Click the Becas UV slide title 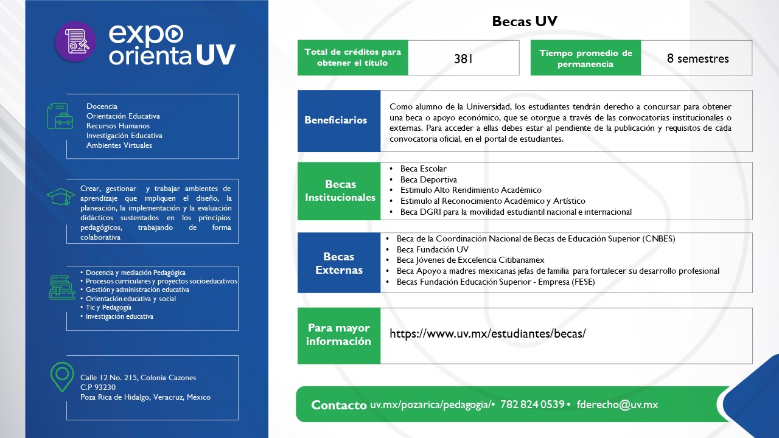pyautogui.click(x=525, y=21)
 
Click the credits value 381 pyautogui.click(x=463, y=59)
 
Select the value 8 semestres pyautogui.click(x=697, y=58)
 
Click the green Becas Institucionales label pyautogui.click(x=340, y=191)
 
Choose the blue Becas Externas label pyautogui.click(x=338, y=263)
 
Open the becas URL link pyautogui.click(x=487, y=333)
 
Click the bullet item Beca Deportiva pyautogui.click(x=428, y=179)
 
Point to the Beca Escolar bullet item pyautogui.click(x=423, y=169)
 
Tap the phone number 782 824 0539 pyautogui.click(x=532, y=405)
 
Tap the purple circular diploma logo pyautogui.click(x=75, y=43)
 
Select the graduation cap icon pyautogui.click(x=61, y=196)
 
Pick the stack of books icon pyautogui.click(x=62, y=287)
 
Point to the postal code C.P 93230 pyautogui.click(x=98, y=387)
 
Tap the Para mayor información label pyautogui.click(x=338, y=335)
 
